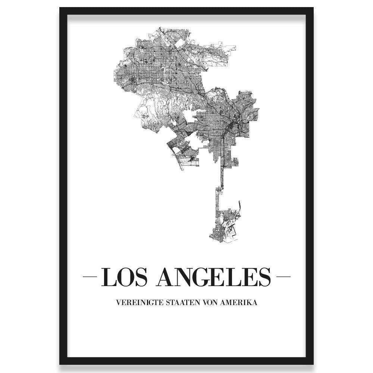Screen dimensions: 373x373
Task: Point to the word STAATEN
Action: [x=179, y=303]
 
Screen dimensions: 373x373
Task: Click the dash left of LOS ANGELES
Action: [x=89, y=277]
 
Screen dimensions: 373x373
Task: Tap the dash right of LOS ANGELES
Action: [x=283, y=277]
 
